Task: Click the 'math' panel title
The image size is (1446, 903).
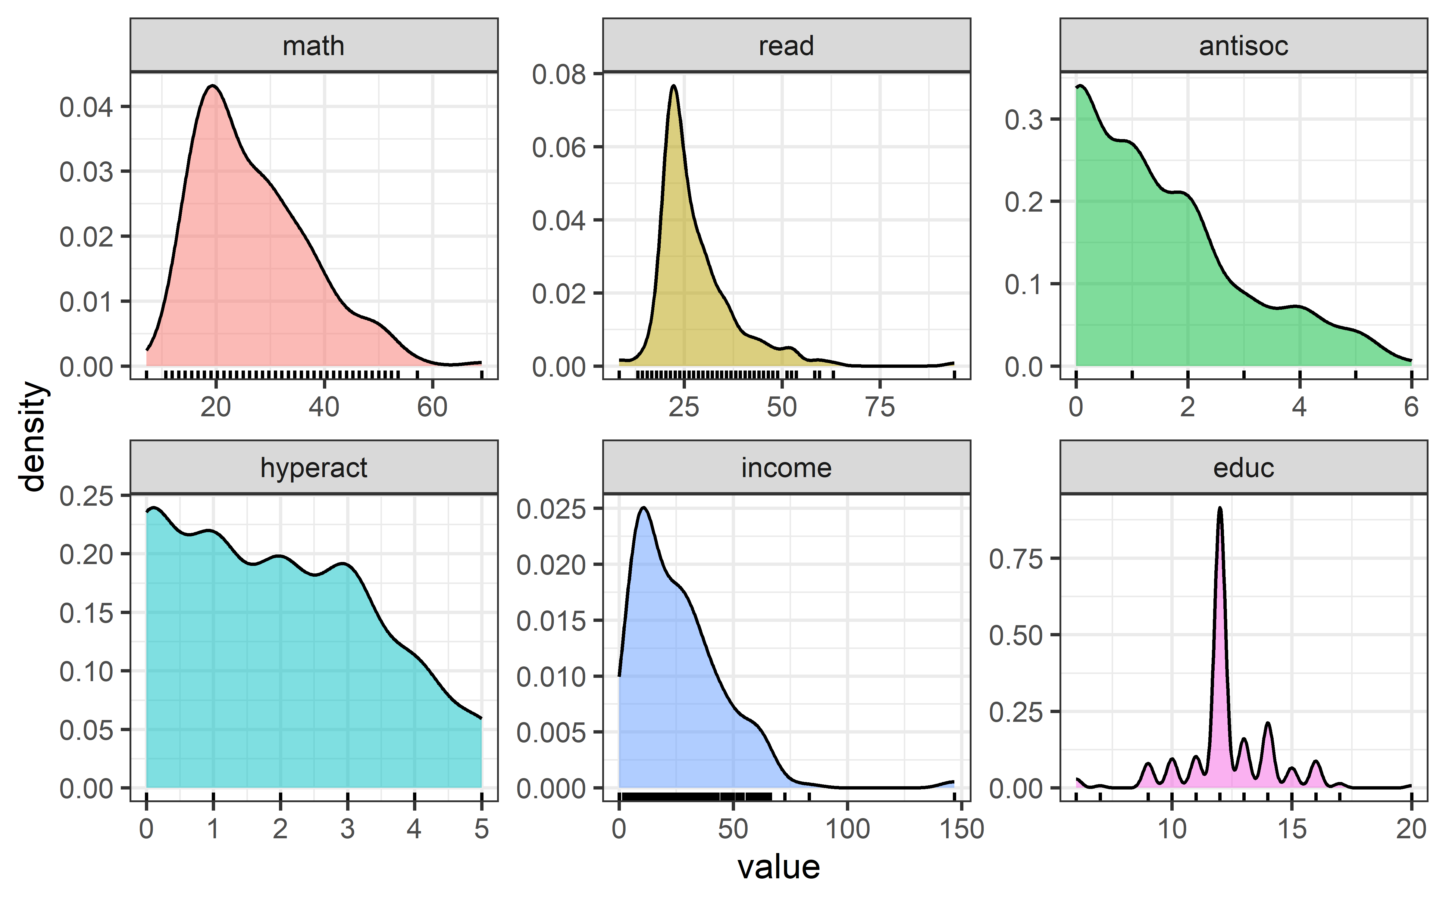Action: coord(314,46)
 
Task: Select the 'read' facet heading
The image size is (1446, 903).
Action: coord(786,46)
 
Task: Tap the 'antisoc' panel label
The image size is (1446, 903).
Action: coord(1244,46)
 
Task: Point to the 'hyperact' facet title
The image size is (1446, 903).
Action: coord(314,468)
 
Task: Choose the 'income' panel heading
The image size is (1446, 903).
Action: coord(786,468)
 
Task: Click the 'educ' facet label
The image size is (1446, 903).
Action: coord(1244,468)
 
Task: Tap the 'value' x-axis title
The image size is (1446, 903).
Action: coord(778,867)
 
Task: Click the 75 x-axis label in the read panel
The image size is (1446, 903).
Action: coord(880,407)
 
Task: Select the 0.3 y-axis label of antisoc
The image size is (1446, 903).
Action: coord(1024,119)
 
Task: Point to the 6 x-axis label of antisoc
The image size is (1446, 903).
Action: coord(1411,407)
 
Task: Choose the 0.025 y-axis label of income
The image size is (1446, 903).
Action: coord(551,509)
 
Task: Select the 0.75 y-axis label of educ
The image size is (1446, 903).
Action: coord(1016,559)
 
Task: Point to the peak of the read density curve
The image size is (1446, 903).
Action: coord(673,86)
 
